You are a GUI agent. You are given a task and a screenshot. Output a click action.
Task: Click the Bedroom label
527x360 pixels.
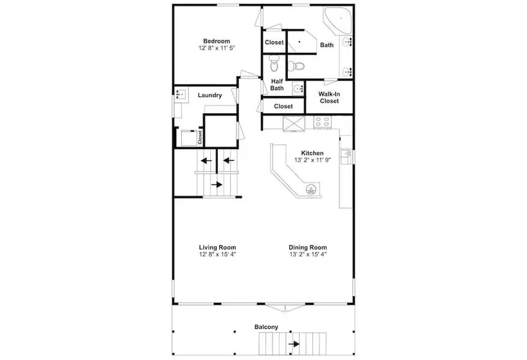click(217, 41)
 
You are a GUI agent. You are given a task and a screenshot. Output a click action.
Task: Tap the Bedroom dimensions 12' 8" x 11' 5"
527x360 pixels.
click(217, 48)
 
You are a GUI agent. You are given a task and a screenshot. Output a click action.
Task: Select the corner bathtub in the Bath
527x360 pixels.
click(338, 20)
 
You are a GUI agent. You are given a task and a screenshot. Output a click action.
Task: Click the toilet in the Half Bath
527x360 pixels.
click(274, 64)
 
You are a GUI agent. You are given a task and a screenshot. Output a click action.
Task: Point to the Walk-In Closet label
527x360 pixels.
click(329, 98)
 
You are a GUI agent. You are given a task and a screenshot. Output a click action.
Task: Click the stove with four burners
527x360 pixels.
click(322, 122)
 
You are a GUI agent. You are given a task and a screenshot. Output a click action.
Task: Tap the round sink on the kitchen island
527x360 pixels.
click(312, 190)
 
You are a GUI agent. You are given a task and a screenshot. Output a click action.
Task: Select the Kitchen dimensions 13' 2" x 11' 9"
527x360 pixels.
click(312, 160)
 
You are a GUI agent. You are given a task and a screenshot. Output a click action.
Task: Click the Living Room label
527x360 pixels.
click(217, 248)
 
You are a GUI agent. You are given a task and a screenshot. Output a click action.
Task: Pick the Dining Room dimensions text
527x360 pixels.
click(308, 255)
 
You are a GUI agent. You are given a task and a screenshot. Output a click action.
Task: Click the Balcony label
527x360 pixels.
click(266, 327)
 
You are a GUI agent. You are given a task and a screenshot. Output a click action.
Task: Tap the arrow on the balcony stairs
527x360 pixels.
click(294, 344)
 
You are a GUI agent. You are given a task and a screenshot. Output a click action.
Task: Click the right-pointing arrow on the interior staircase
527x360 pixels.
click(217, 184)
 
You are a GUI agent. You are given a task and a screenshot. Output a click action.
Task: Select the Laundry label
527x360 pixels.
click(210, 95)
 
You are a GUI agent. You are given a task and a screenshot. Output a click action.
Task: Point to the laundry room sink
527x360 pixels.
click(181, 94)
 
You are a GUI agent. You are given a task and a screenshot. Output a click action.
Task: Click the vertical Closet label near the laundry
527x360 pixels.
click(200, 137)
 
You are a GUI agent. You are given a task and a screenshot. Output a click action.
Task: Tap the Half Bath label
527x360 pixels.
click(277, 85)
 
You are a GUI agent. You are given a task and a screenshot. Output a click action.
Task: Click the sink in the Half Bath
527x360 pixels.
click(298, 89)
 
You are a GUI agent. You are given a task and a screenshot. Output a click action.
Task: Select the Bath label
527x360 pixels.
click(326, 45)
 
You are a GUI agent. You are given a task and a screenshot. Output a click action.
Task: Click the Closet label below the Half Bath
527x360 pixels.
click(283, 106)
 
